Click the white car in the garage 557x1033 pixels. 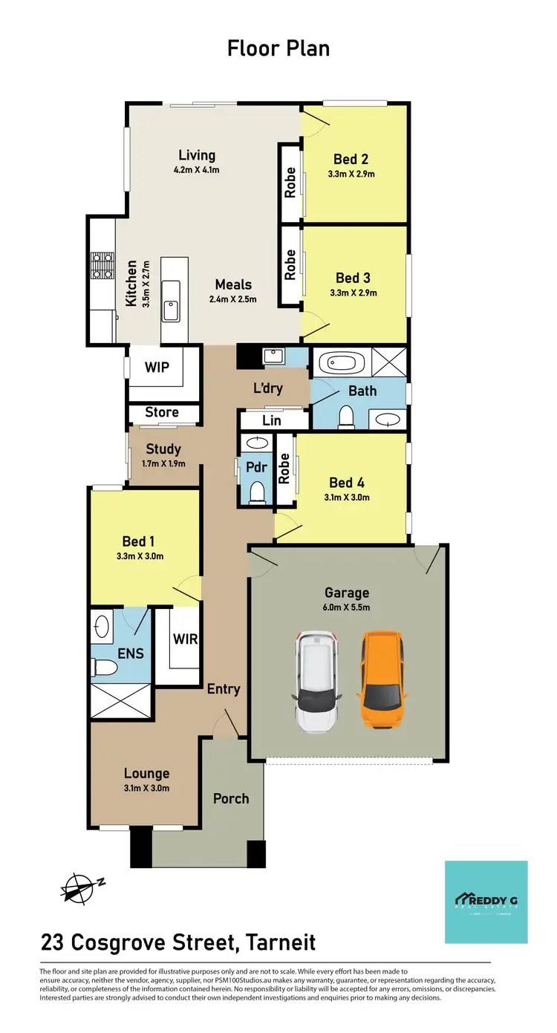pyautogui.click(x=318, y=681)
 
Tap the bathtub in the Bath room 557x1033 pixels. pyautogui.click(x=342, y=364)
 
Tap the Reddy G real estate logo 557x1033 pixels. pyautogui.click(x=486, y=902)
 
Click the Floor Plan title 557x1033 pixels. pyautogui.click(x=278, y=49)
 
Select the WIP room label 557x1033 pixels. pyautogui.click(x=157, y=367)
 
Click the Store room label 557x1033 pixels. pyautogui.click(x=161, y=412)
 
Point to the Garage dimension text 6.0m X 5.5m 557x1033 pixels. pyautogui.click(x=347, y=607)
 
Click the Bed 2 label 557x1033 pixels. pyautogui.click(x=351, y=158)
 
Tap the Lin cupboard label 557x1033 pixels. pyautogui.click(x=272, y=421)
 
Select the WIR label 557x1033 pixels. pyautogui.click(x=184, y=639)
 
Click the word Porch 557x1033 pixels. pyautogui.click(x=231, y=798)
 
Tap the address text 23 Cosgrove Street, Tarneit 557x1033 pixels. pyautogui.click(x=178, y=942)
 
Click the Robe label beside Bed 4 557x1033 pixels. pyautogui.click(x=284, y=469)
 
